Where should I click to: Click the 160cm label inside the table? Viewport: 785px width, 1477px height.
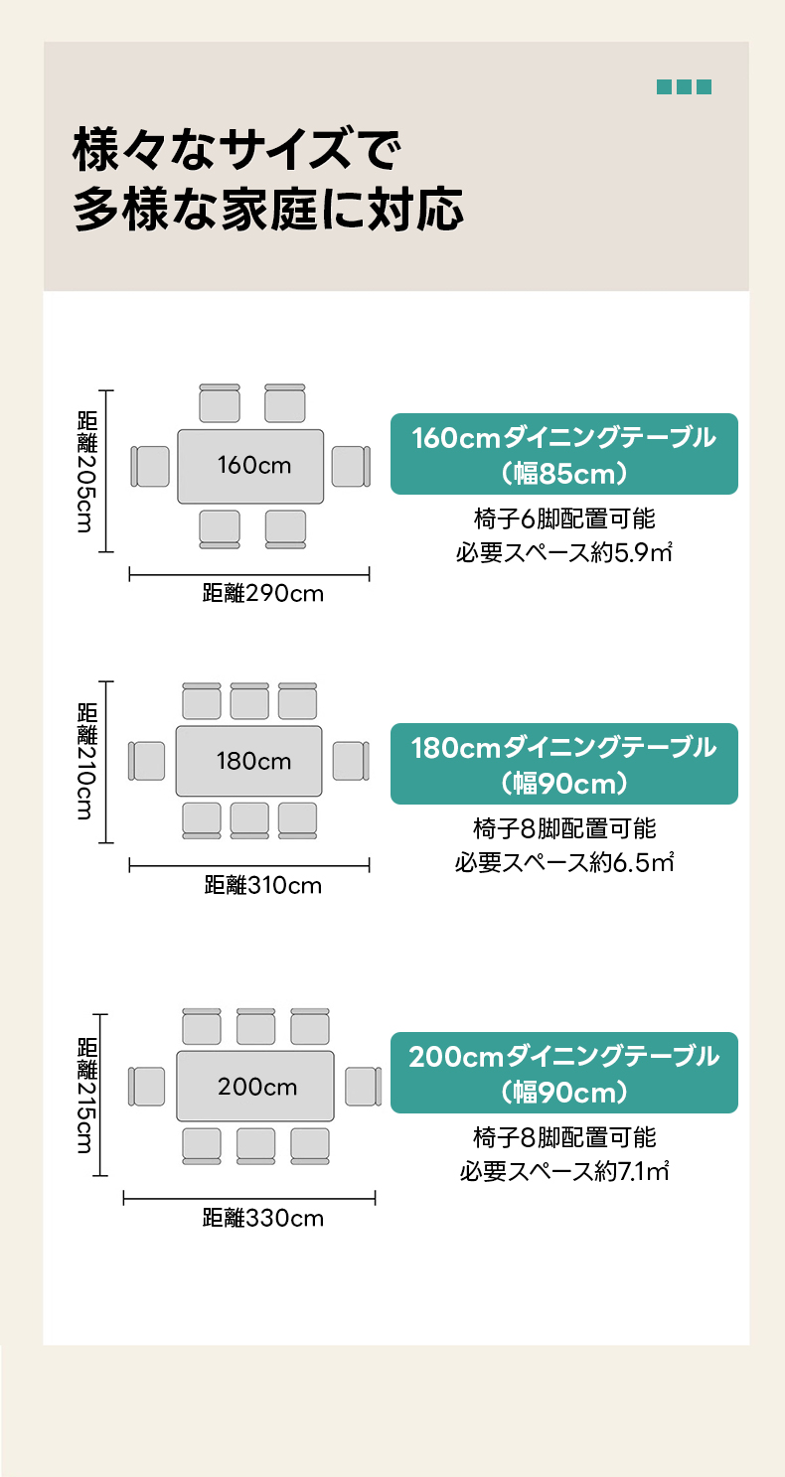(254, 465)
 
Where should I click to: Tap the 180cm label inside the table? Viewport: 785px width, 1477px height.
(253, 762)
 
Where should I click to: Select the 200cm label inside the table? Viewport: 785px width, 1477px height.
(257, 1087)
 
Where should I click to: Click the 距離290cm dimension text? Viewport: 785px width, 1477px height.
(262, 594)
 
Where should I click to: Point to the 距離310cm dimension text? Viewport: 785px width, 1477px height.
(262, 885)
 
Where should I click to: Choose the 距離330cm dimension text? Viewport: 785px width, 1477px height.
(262, 1218)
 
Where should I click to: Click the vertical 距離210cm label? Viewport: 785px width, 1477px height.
(86, 762)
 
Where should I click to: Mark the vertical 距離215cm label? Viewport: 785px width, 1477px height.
(86, 1096)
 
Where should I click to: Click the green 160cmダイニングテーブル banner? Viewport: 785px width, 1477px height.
(563, 454)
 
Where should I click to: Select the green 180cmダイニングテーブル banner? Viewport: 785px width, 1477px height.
(563, 764)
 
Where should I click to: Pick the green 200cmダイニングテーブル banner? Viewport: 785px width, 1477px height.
(563, 1073)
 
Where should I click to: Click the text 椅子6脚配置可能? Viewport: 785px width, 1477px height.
(564, 518)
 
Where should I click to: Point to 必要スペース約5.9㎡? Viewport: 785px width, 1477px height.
(564, 552)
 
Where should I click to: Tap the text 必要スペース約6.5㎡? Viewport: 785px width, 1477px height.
(564, 861)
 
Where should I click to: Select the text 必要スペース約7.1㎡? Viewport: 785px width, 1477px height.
(564, 1171)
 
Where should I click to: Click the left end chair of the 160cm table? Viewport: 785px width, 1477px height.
(151, 467)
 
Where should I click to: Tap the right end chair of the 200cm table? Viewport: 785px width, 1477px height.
(363, 1087)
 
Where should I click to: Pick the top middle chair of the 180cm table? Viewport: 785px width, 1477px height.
(249, 702)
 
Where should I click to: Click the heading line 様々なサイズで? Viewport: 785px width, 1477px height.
(235, 152)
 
